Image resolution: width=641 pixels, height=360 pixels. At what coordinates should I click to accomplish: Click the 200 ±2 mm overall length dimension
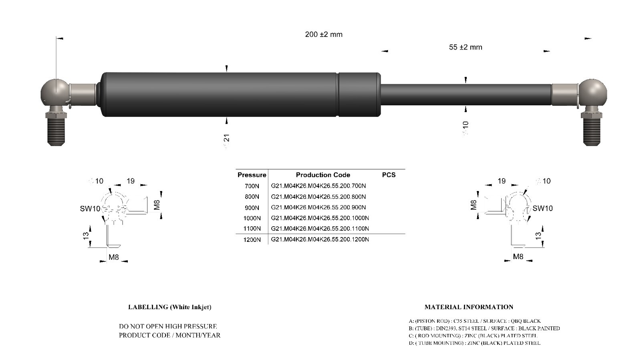pyautogui.click(x=324, y=34)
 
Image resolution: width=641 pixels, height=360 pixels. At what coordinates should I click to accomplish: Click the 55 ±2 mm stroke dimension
pyautogui.click(x=465, y=47)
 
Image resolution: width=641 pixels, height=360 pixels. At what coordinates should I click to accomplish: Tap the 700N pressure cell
pyautogui.click(x=252, y=186)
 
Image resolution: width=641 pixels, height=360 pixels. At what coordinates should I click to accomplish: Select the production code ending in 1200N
pyautogui.click(x=320, y=239)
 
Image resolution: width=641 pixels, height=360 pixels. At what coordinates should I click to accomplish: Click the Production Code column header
pyautogui.click(x=323, y=175)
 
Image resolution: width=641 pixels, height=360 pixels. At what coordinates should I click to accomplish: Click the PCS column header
pyautogui.click(x=389, y=175)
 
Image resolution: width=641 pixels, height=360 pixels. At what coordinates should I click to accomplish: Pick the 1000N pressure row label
pyautogui.click(x=252, y=218)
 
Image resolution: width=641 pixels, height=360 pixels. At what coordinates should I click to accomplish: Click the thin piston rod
pyautogui.click(x=465, y=95)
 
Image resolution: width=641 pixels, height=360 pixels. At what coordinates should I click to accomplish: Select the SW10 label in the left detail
pyautogui.click(x=90, y=209)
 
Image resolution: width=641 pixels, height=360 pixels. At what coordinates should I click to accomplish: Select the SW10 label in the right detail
pyautogui.click(x=542, y=208)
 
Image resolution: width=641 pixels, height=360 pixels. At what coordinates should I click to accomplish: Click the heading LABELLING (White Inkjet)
pyautogui.click(x=169, y=307)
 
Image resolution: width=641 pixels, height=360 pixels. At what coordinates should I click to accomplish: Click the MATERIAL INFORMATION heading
pyautogui.click(x=469, y=307)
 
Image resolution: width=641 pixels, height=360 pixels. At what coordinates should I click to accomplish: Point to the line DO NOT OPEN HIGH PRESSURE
pyautogui.click(x=168, y=326)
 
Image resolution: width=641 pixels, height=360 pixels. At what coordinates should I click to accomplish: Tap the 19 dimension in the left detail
pyautogui.click(x=131, y=181)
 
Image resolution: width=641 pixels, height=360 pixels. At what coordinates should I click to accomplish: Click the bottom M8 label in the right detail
pyautogui.click(x=518, y=257)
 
